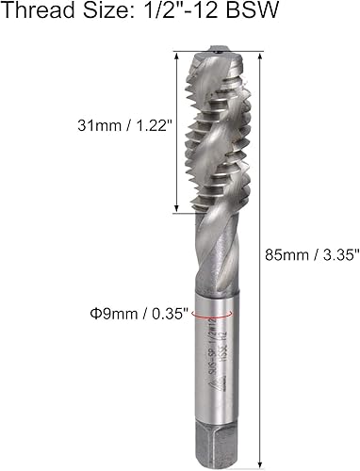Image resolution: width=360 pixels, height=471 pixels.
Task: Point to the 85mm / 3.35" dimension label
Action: point(306,252)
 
